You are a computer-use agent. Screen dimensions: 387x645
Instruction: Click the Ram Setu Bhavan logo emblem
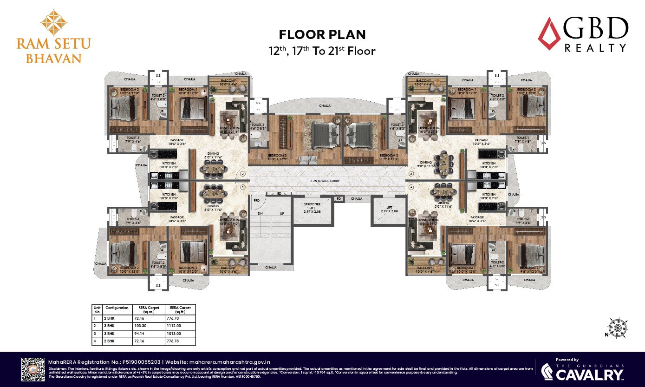tap(53, 23)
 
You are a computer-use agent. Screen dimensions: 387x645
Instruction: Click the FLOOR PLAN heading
tap(322, 34)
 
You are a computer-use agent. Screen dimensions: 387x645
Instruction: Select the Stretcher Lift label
tap(313, 207)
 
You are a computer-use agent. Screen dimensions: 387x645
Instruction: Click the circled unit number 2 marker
tap(242, 174)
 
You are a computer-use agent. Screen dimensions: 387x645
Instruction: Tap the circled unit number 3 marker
tap(411, 174)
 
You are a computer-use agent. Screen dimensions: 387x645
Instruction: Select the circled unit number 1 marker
tap(242, 187)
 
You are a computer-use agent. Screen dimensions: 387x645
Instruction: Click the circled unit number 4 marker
tap(411, 187)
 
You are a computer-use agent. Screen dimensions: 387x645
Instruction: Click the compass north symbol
tap(617, 328)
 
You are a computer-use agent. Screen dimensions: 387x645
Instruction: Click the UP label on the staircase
tap(281, 214)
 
